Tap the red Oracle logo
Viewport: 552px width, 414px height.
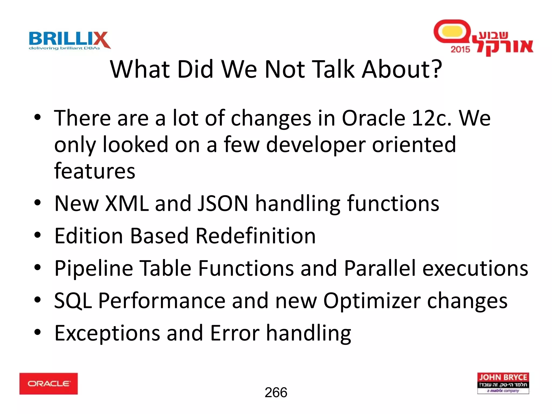pos(49,384)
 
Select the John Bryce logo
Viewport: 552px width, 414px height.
pos(503,383)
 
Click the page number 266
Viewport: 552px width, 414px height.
pos(276,392)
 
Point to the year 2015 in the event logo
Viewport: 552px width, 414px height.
pos(460,49)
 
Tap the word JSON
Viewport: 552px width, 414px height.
pos(223,203)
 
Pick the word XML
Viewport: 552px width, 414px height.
pos(127,203)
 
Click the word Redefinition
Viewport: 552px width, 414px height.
pos(255,236)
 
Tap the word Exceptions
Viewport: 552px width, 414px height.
pos(107,333)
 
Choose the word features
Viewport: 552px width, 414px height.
pos(95,171)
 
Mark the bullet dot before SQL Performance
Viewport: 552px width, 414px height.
pos(37,300)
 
